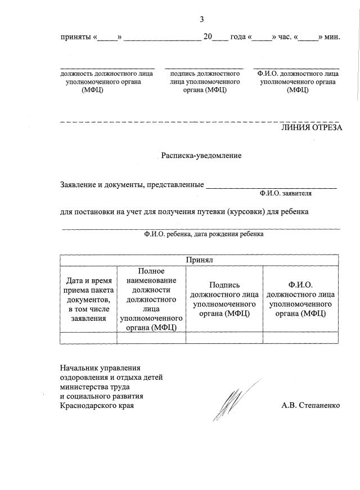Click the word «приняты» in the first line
tap(76, 37)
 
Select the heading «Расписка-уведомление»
tap(201, 155)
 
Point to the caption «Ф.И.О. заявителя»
tap(286, 193)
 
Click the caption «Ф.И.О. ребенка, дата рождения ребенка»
tap(203, 234)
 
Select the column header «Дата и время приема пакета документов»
tap(89, 298)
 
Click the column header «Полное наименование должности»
tap(151, 298)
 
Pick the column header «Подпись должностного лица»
tap(224, 299)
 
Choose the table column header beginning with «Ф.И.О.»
tap(300, 299)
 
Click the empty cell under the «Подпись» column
tap(224, 337)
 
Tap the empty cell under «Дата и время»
tap(89, 337)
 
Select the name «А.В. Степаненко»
tap(311, 405)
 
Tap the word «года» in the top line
tap(238, 37)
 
